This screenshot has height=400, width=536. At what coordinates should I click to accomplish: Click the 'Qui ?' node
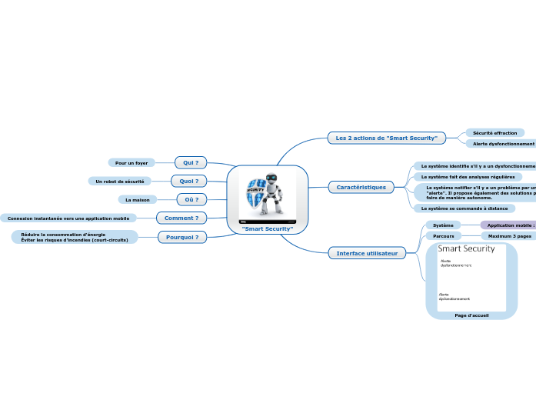[x=191, y=162]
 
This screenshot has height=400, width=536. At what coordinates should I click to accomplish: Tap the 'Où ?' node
[x=191, y=199]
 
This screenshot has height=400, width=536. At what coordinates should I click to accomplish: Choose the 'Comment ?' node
[x=181, y=218]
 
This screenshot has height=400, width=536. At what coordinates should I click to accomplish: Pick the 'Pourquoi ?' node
[x=182, y=237]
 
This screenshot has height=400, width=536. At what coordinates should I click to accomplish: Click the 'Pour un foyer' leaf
[x=132, y=163]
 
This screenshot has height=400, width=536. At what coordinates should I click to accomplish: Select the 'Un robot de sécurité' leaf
[x=119, y=181]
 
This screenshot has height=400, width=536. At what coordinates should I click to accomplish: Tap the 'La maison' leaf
[x=138, y=199]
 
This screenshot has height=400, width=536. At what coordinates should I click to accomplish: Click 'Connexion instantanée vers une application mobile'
[x=68, y=218]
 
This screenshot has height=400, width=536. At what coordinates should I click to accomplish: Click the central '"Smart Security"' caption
[x=268, y=229]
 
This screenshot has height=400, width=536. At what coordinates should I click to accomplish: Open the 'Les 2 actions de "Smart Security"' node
[x=387, y=138]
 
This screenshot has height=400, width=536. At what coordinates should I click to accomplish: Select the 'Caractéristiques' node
[x=361, y=187]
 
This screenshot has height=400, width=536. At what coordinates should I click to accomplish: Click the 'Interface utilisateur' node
[x=367, y=253]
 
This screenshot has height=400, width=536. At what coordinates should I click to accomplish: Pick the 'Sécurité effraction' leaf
[x=495, y=133]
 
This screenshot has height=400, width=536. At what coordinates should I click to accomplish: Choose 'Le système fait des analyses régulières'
[x=468, y=176]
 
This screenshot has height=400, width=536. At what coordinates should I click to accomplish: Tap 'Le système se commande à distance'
[x=464, y=208]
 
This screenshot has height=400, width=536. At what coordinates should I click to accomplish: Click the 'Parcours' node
[x=444, y=236]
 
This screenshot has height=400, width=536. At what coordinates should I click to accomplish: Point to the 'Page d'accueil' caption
[x=471, y=315]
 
